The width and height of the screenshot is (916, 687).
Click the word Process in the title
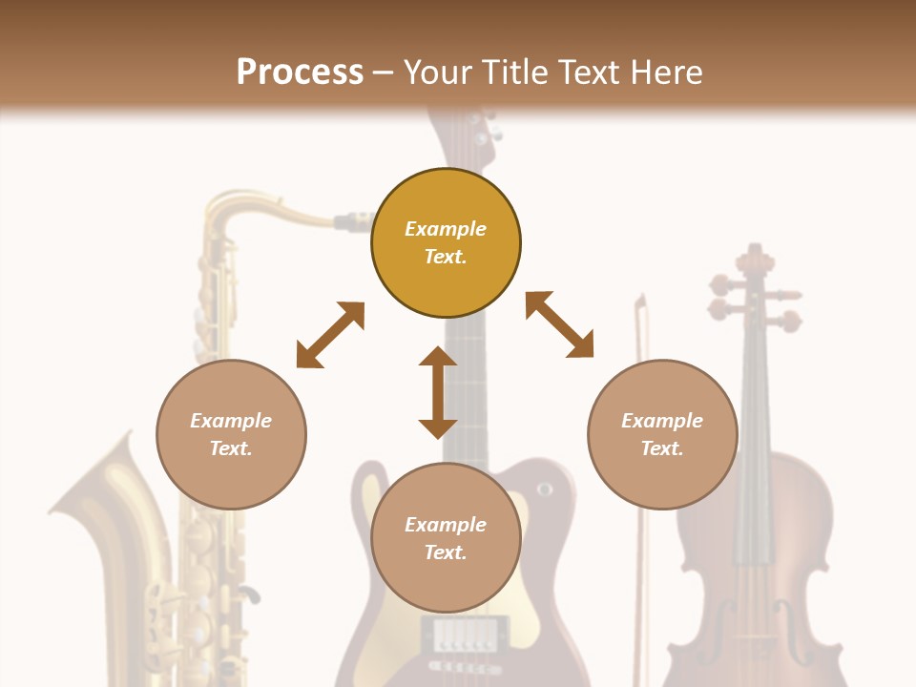(x=300, y=73)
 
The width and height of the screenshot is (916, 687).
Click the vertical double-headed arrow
(x=438, y=392)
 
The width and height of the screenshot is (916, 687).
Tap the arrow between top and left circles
(x=330, y=335)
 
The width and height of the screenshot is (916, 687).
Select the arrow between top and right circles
(x=559, y=324)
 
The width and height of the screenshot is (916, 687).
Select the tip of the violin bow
(x=640, y=303)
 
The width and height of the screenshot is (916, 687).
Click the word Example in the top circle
(x=446, y=229)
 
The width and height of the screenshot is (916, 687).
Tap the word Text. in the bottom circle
(x=446, y=552)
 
